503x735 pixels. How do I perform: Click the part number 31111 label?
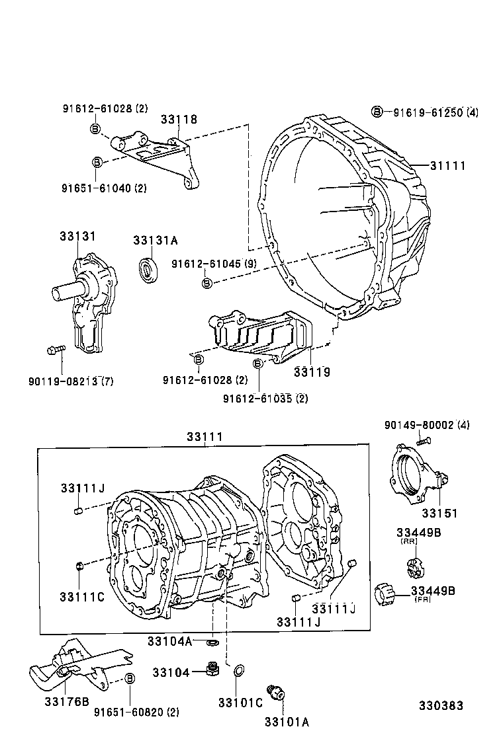447,165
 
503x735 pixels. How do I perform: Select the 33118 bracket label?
179,120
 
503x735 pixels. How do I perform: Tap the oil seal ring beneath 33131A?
148,270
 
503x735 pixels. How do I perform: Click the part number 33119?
312,372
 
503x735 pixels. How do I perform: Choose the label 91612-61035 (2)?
265,398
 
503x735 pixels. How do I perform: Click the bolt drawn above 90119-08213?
56,350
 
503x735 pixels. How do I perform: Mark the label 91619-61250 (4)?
435,112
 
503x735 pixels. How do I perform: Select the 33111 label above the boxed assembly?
204,437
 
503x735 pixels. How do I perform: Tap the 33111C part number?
82,596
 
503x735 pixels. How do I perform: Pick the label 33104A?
169,641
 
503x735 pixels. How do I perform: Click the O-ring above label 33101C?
238,672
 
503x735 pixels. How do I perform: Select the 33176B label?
66,701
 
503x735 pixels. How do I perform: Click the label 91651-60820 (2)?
136,712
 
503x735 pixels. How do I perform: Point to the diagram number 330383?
440,706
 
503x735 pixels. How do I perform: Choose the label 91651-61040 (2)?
105,188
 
